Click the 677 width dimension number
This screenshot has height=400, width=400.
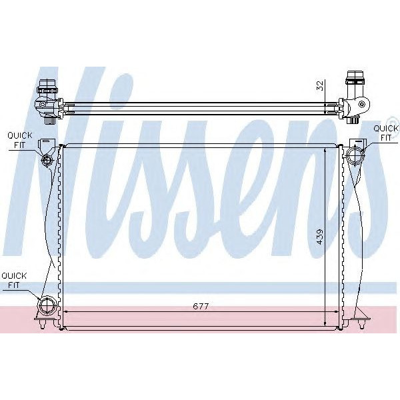click(x=201, y=306)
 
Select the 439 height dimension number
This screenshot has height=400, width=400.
click(x=319, y=237)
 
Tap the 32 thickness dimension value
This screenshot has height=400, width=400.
click(x=319, y=85)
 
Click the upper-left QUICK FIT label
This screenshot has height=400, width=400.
click(x=19, y=139)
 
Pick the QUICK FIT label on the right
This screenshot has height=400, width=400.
click(x=385, y=133)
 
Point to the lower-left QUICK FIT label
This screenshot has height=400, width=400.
click(x=14, y=279)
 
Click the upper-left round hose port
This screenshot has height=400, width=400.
click(x=47, y=160)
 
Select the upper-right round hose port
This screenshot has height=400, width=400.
click(x=354, y=155)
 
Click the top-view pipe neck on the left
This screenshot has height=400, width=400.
click(x=47, y=87)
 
